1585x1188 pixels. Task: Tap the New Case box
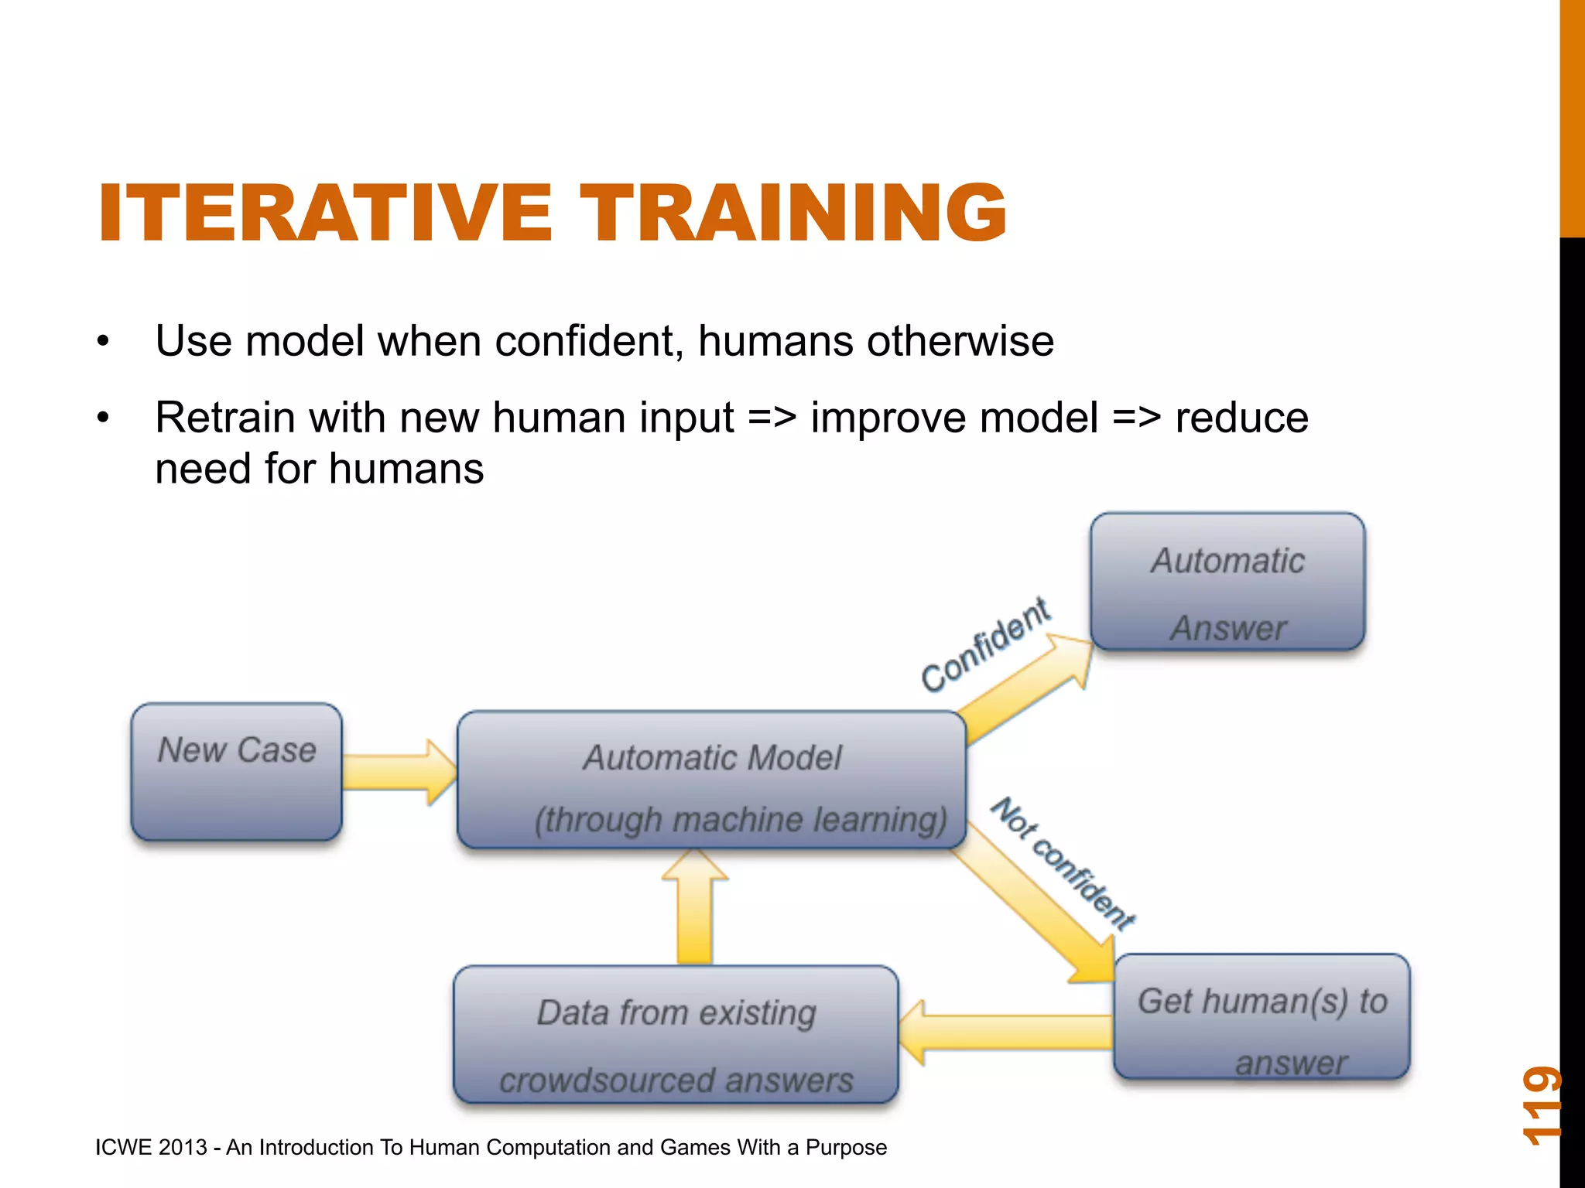237,772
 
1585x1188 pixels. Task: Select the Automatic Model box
711,780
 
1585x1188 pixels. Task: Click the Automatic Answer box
1227,582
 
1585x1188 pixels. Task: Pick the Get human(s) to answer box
1261,1016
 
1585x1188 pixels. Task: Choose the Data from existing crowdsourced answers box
676,1035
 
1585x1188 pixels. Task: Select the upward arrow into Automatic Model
694,909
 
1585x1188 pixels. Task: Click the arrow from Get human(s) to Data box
1006,1032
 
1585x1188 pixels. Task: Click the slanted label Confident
984,645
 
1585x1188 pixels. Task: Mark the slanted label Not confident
1063,862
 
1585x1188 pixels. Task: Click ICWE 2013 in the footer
151,1147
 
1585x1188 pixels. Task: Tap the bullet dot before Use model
104,342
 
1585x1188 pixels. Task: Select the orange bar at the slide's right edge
1572,116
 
